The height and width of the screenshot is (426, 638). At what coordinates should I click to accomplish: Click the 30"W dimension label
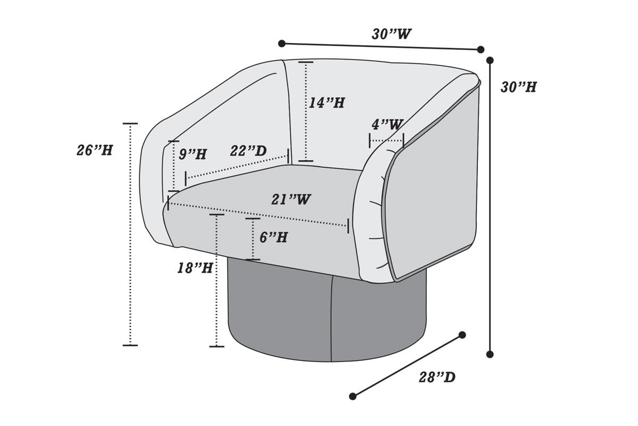[x=391, y=34]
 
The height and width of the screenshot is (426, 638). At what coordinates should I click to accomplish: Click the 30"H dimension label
[x=518, y=87]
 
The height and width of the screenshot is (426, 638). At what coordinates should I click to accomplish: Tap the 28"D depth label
[x=437, y=378]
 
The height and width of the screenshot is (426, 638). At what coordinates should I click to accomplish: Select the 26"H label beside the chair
[x=95, y=150]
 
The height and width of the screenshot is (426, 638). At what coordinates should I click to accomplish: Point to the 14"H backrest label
[x=326, y=103]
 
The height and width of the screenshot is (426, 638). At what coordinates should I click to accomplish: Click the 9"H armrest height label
[x=192, y=154]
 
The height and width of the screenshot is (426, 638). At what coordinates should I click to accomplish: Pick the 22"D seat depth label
[x=248, y=151]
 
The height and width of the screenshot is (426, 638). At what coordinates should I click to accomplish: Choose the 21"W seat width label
[x=291, y=200]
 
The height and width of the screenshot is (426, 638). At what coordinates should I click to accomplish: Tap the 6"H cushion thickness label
[x=273, y=237]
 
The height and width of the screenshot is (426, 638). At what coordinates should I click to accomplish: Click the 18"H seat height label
[x=195, y=268]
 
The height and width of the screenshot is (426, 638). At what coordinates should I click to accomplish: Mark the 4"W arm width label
[x=387, y=125]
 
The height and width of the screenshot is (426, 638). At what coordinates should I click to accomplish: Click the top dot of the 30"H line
[x=490, y=60]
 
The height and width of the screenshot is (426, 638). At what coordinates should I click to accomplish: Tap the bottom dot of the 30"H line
[x=490, y=354]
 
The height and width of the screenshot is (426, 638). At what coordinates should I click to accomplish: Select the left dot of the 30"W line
[x=282, y=44]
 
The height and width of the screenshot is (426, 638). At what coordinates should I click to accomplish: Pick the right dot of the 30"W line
[x=481, y=50]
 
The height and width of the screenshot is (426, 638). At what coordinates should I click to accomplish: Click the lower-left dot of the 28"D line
[x=352, y=396]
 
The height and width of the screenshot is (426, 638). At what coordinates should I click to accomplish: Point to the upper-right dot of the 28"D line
[x=462, y=335]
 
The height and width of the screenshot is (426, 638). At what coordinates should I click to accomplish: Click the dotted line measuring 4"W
[x=387, y=141]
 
